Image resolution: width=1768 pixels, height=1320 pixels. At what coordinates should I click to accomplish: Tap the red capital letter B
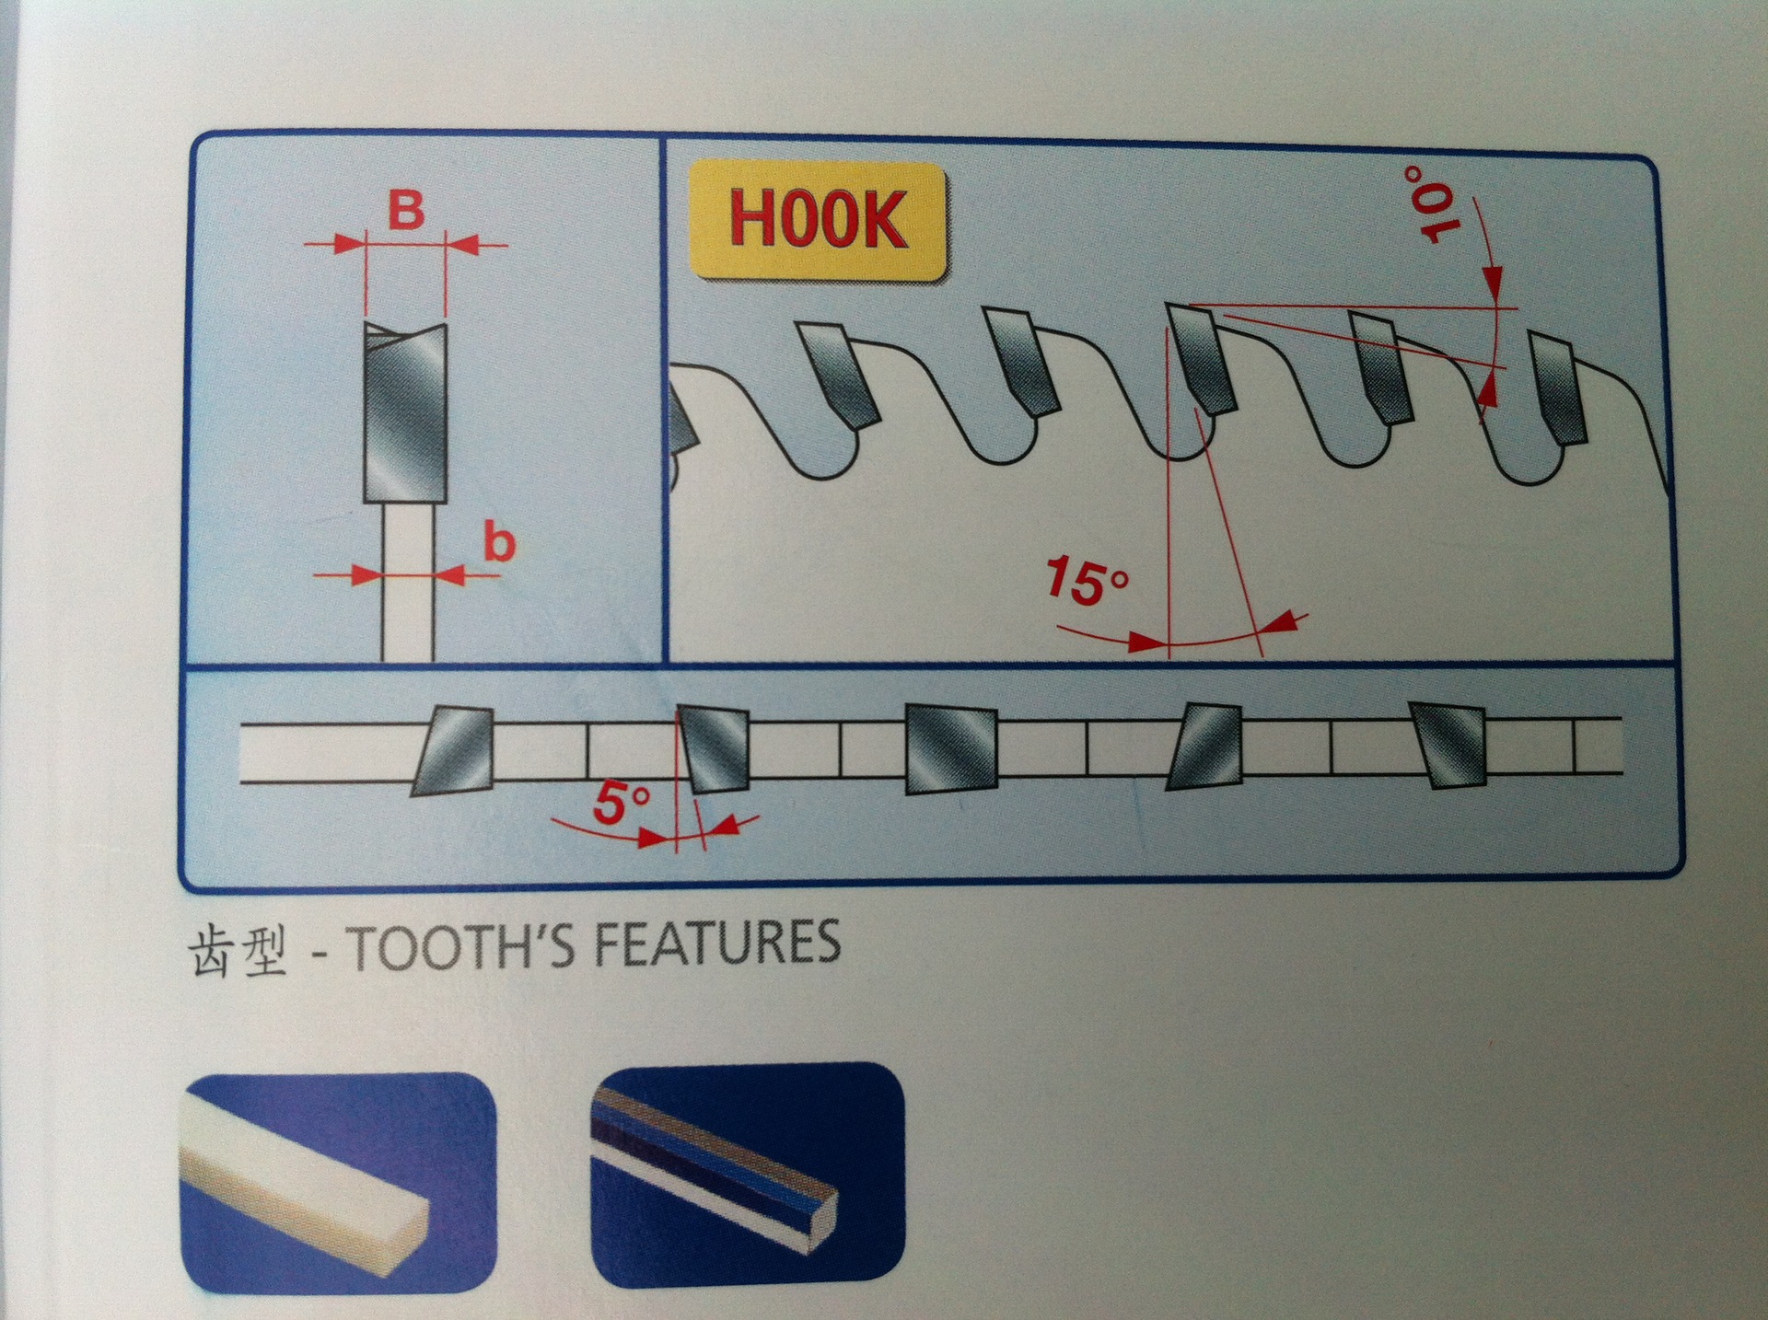405,211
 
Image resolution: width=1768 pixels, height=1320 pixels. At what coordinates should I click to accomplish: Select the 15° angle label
1088,582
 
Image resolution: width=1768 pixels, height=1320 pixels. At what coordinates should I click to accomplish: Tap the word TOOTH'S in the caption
441,944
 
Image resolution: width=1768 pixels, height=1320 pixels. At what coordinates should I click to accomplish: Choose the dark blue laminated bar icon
748,1175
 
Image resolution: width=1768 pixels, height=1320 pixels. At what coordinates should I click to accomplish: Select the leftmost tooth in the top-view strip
452,751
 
